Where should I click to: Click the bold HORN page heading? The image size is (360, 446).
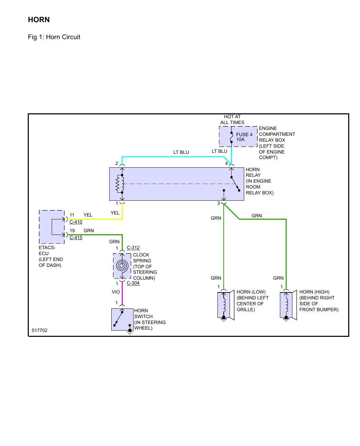coord(39,20)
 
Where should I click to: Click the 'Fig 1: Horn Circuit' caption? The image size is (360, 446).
coord(54,37)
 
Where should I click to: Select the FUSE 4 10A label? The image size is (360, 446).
coord(244,137)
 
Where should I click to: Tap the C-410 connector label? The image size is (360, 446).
coord(76,222)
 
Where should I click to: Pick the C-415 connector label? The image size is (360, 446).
coord(76,237)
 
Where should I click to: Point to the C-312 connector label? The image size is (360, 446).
coord(133,247)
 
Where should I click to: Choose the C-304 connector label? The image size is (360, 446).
coord(133,283)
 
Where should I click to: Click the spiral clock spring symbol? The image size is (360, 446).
coord(122,266)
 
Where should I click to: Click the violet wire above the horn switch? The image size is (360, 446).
coord(122,294)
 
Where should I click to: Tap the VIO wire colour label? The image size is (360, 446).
coord(116,292)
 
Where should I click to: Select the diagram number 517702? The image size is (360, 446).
coord(40,330)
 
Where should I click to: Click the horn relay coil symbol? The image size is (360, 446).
coord(120,184)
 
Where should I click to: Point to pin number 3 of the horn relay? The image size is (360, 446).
coord(218,203)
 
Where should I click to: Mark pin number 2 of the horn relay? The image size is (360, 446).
coord(117,164)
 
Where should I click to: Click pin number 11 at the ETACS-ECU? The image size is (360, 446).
coord(72,215)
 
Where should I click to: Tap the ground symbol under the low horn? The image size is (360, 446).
coord(223,319)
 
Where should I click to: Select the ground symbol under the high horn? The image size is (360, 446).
coord(286,319)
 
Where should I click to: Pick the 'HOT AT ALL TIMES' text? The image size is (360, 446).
coord(232,120)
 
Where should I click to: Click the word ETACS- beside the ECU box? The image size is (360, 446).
coord(47,247)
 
